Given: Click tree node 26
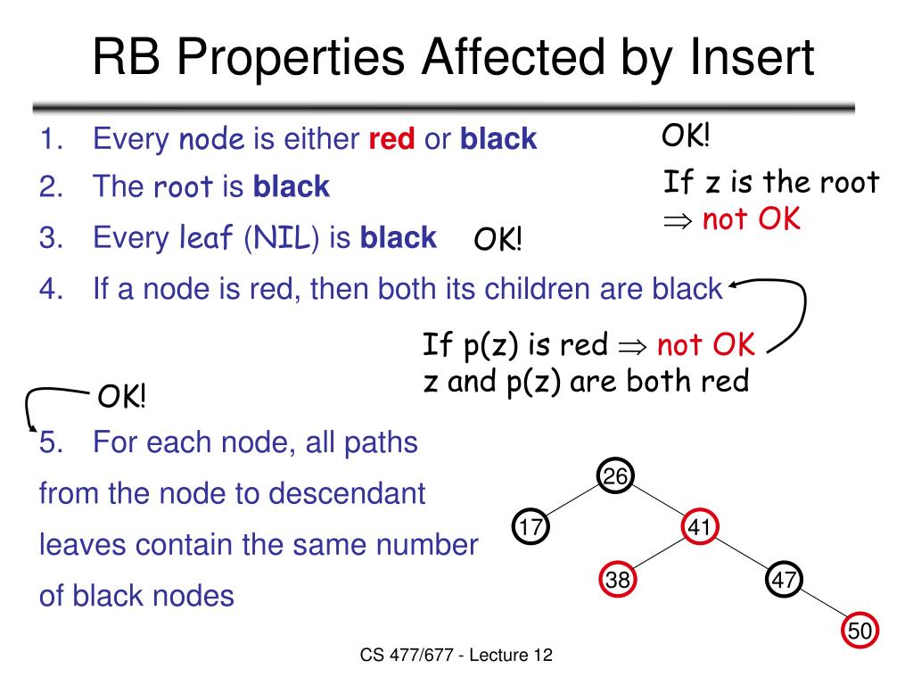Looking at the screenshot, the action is [615, 477].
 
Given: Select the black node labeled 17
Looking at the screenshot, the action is [531, 527].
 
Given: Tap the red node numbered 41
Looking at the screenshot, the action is [699, 527].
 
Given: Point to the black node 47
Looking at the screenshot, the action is [784, 580].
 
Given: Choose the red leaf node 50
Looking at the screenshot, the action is [860, 631].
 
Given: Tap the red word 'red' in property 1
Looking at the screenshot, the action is [392, 139].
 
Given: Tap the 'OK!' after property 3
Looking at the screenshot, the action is [498, 239].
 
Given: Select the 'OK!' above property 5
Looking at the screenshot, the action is [121, 397].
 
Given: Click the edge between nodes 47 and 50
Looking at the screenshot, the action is [822, 606].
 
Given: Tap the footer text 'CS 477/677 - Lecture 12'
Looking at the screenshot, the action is [457, 656].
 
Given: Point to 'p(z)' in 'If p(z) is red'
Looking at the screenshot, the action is [488, 343].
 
